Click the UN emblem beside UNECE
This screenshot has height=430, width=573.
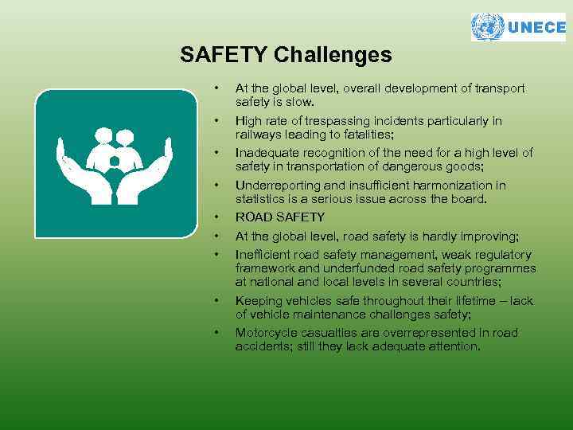coord(488,27)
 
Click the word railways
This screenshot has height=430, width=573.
coord(255,134)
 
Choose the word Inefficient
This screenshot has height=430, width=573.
coord(263,255)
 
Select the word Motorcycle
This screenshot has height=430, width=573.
coord(265,333)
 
